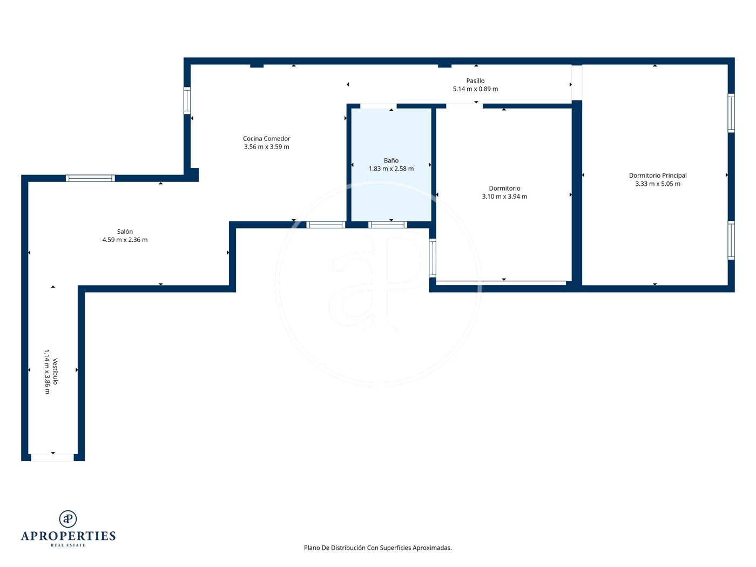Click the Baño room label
coord(391,160)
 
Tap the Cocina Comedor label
coord(266,138)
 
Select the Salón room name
coord(125,231)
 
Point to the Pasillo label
coord(475,80)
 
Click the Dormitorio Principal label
coord(658,175)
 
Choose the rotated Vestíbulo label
coord(55,371)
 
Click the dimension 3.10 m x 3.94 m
coord(504,196)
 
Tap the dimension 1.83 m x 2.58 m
coord(391,168)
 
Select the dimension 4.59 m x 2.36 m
coord(125,240)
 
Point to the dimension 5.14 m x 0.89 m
coord(475,89)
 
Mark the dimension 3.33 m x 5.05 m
coord(658,184)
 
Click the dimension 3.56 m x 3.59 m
coord(266,147)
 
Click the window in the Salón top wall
coord(90,178)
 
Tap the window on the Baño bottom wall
coord(388,225)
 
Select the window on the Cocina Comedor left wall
coord(187,100)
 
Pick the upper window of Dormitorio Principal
coord(731,113)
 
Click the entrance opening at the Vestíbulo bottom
coord(52,457)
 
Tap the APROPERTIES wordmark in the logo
coord(68,536)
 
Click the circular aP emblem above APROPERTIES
coord(68,519)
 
